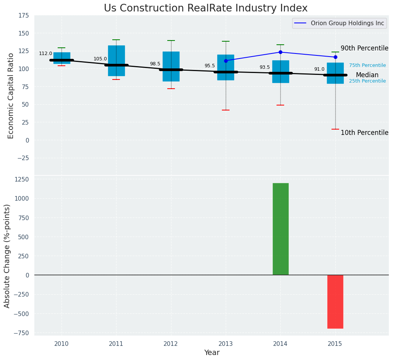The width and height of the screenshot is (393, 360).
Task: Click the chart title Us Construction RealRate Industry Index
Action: pyautogui.click(x=205, y=8)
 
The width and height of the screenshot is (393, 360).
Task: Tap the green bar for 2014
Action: pyautogui.click(x=280, y=229)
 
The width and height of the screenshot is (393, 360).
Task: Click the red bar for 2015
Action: pyautogui.click(x=335, y=302)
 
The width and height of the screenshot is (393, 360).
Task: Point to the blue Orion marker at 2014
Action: pyautogui.click(x=280, y=52)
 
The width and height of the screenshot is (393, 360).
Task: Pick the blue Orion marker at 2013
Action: pyautogui.click(x=226, y=61)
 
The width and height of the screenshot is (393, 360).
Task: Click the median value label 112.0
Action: pyautogui.click(x=45, y=54)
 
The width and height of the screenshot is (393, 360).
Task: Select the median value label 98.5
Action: pyautogui.click(x=155, y=64)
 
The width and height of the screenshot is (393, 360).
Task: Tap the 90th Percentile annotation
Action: pyautogui.click(x=364, y=49)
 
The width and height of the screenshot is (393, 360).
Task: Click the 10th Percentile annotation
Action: pyautogui.click(x=364, y=133)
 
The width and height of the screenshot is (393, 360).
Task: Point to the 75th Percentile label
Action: pyautogui.click(x=367, y=66)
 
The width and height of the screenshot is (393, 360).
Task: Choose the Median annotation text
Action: pyautogui.click(x=367, y=75)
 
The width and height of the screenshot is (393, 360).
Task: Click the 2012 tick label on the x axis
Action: pyautogui.click(x=171, y=344)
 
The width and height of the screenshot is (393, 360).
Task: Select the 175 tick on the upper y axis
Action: pyautogui.click(x=23, y=16)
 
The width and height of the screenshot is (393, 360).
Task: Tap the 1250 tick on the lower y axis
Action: pyautogui.click(x=21, y=180)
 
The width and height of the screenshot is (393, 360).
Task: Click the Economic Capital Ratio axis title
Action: pyautogui.click(x=11, y=96)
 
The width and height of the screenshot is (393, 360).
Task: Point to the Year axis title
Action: pyautogui.click(x=212, y=353)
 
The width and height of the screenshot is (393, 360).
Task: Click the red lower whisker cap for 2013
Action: pyautogui.click(x=226, y=110)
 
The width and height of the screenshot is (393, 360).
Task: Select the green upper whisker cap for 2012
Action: pyautogui.click(x=171, y=41)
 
